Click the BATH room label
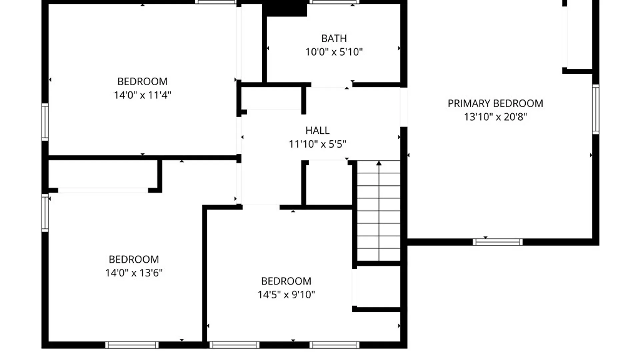[x=334, y=38]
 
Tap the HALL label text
[x=317, y=130]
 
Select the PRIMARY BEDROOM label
[x=495, y=103]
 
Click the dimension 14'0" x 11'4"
[x=142, y=95]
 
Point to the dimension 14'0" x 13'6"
[x=134, y=273]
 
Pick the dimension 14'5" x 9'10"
[x=286, y=295]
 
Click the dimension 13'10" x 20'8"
[x=495, y=117]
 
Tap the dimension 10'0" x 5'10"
[x=334, y=52]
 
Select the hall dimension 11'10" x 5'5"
[x=317, y=144]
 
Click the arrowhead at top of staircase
[x=379, y=163]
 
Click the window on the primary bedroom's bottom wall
[x=498, y=242]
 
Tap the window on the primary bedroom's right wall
[x=596, y=109]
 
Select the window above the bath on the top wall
[x=334, y=2]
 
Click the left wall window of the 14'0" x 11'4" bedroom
[x=45, y=122]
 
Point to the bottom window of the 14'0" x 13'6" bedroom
[x=132, y=345]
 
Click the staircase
[x=379, y=211]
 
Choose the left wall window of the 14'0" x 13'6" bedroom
[x=45, y=213]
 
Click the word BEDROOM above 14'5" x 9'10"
[x=286, y=281]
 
